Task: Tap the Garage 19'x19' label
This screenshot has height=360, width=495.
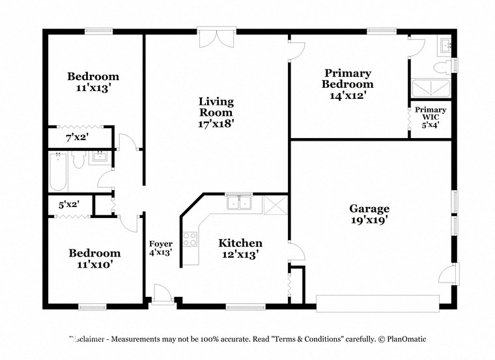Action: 369,214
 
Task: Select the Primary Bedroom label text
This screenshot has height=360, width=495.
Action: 348,83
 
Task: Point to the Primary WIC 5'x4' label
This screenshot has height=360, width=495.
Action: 431,118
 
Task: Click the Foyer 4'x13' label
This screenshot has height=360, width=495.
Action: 161,248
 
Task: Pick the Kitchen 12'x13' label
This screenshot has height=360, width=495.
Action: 240,249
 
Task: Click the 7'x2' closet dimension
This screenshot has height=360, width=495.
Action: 77,138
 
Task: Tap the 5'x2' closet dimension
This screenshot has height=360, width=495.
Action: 68,204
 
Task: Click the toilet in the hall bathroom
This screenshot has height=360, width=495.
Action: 79,160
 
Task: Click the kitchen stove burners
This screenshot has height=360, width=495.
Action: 190,239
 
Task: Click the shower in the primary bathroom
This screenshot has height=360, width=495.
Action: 431,90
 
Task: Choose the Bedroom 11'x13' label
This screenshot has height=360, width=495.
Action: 93,82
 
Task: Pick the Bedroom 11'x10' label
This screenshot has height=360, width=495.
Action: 94,258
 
